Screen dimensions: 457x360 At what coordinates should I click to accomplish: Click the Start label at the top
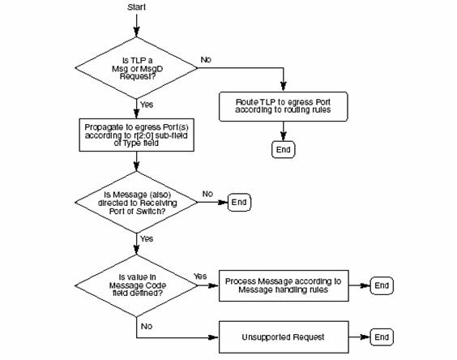coord(136,7)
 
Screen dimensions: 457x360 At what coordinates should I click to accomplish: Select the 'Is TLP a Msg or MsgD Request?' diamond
coord(136,67)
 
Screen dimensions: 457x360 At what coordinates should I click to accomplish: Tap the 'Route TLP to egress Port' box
coord(284,106)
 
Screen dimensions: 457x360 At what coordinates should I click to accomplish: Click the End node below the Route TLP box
coord(284,149)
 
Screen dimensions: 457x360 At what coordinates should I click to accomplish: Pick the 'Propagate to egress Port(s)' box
coord(136,135)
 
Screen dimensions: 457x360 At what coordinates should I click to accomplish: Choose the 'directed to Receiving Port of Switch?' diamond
coord(136,202)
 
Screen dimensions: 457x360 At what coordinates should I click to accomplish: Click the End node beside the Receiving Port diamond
coord(239,202)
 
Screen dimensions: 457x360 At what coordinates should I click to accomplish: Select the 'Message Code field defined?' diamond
coord(136,285)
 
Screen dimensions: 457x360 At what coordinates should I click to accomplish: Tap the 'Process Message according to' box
coord(284,285)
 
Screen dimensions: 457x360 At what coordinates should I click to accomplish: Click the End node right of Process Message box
coord(382,285)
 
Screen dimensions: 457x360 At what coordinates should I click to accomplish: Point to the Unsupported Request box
coord(284,337)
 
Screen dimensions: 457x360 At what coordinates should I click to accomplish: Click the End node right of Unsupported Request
coord(382,337)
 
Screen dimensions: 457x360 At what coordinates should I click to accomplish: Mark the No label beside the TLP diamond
coord(206,59)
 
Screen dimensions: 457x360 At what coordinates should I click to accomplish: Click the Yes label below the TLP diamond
coord(147,105)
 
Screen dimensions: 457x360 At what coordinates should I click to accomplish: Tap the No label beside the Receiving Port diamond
coord(207,194)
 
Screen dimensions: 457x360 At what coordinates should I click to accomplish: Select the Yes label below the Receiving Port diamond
coord(147,238)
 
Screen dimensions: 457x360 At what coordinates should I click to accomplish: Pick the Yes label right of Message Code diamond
coord(200,276)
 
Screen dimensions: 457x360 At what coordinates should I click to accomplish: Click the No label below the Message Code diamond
coord(147,326)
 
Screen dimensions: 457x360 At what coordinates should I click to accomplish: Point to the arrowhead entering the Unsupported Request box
coord(214,337)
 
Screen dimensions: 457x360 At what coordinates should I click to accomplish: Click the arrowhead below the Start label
coord(136,32)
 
